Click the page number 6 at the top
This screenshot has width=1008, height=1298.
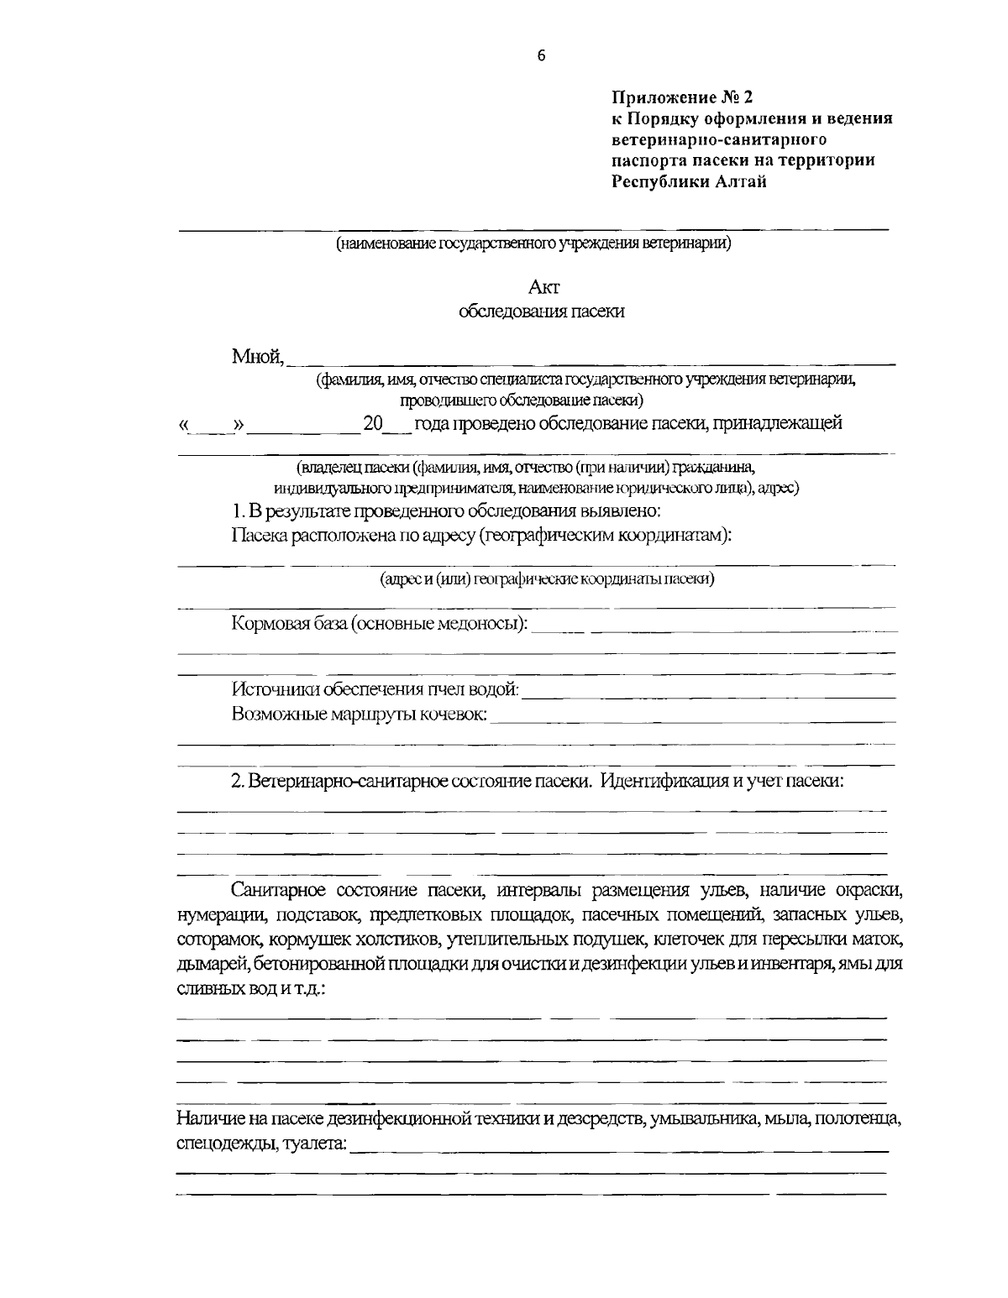(540, 55)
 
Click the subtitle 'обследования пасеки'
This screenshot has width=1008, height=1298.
(542, 311)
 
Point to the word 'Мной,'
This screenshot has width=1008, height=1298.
(258, 358)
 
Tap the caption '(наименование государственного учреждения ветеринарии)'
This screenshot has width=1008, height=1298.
(533, 244)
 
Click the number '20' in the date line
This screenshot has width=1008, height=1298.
(372, 423)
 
